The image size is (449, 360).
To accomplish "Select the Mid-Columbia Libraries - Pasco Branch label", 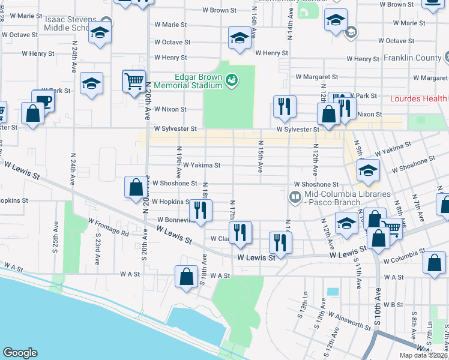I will pyautogui.click(x=348, y=198).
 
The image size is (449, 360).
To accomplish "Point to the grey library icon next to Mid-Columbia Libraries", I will pyautogui.click(x=295, y=196).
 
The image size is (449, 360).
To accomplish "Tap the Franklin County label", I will pyautogui.click(x=411, y=58).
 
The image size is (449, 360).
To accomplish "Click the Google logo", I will pyautogui.click(x=20, y=353).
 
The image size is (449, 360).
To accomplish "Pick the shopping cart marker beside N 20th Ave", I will pyautogui.click(x=134, y=80).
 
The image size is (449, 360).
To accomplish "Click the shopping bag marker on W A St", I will pyautogui.click(x=187, y=276).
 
